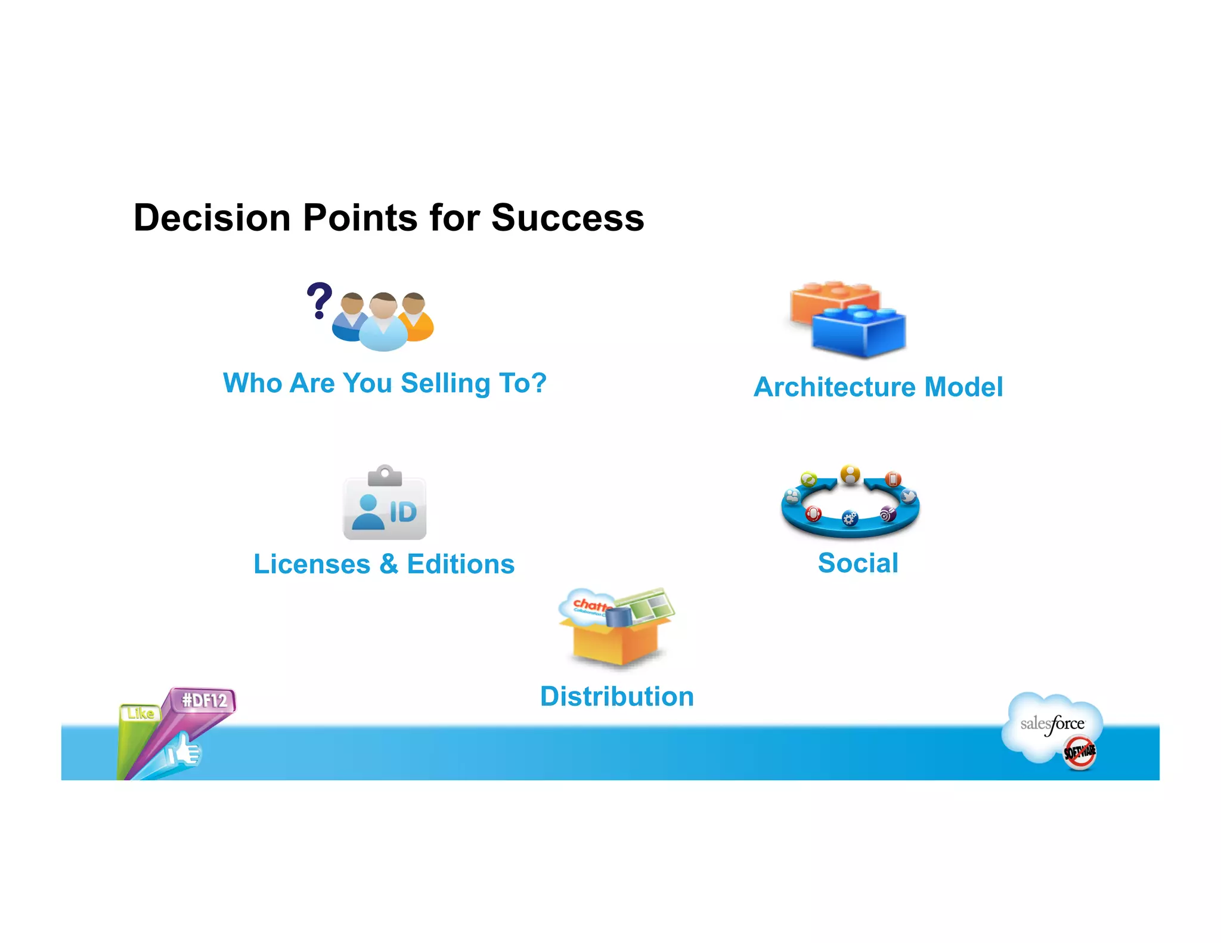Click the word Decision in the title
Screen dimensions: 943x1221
tap(212, 218)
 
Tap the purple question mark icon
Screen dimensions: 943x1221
tap(319, 300)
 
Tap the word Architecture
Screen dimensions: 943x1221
tap(835, 387)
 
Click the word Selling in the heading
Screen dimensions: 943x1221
tap(445, 383)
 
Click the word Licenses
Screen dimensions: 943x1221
tap(312, 564)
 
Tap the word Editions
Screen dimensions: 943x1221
tap(460, 564)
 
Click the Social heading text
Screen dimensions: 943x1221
tap(857, 563)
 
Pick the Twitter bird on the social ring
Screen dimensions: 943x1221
tap(908, 496)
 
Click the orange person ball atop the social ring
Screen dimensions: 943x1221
tap(850, 475)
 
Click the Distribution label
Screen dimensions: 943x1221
tap(617, 697)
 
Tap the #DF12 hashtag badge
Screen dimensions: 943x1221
tap(204, 700)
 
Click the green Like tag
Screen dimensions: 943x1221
tap(141, 713)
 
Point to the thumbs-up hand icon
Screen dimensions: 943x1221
tap(184, 751)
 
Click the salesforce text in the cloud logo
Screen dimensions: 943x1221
tap(1052, 724)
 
